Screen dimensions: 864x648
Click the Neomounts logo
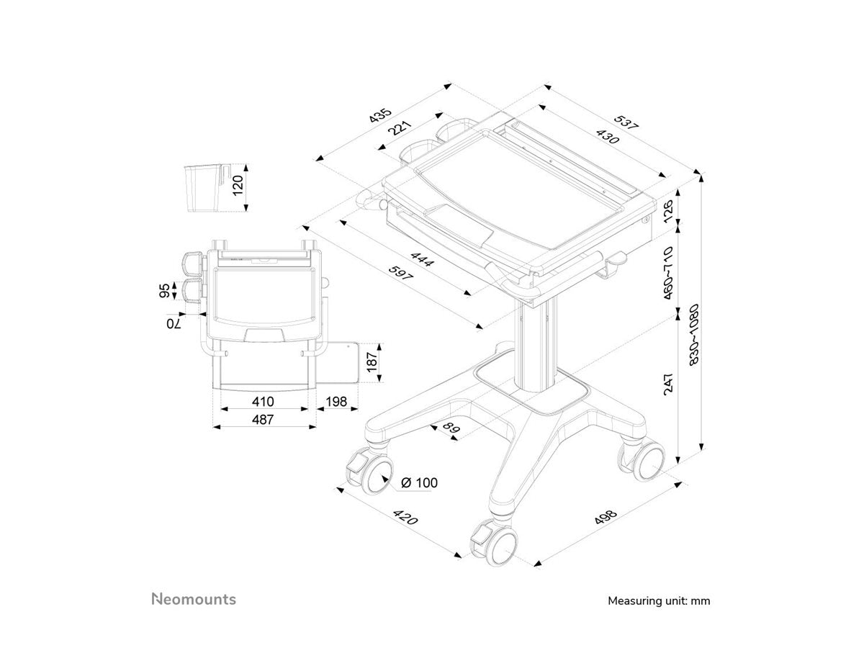(194, 599)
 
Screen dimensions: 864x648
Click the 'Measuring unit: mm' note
(659, 600)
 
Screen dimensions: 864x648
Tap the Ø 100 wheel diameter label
(419, 482)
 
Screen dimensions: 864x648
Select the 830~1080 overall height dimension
(694, 334)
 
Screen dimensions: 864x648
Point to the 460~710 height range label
(669, 273)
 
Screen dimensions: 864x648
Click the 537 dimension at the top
(626, 122)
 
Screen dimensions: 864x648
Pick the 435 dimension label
(381, 115)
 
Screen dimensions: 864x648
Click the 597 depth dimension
(401, 273)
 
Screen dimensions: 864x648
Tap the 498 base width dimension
(606, 517)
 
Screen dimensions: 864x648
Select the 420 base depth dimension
(405, 518)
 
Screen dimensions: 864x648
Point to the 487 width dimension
(263, 420)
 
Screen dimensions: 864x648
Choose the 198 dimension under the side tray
(336, 402)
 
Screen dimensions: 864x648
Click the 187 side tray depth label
(372, 362)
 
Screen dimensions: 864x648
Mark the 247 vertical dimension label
(669, 383)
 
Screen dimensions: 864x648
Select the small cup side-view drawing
(202, 188)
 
